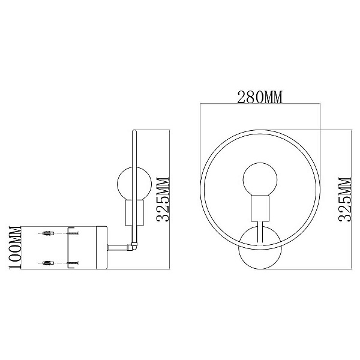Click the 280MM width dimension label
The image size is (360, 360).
click(260, 97)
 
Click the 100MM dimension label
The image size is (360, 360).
click(15, 247)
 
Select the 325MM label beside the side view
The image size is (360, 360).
click(163, 199)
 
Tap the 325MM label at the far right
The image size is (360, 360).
click(344, 199)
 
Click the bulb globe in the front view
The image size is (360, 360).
click(260, 179)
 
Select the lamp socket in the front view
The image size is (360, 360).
click(260, 208)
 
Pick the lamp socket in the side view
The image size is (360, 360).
click(134, 212)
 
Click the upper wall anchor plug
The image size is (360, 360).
click(48, 233)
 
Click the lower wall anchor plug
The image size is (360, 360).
click(48, 263)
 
